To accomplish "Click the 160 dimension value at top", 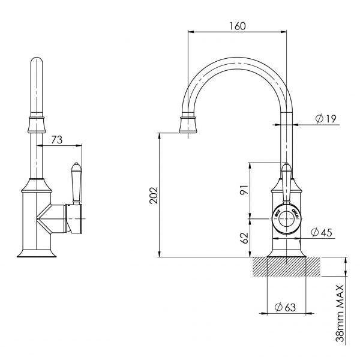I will [238, 26].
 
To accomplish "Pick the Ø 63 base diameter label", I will [285, 307].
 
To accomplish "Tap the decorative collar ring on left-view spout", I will [37, 125].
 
